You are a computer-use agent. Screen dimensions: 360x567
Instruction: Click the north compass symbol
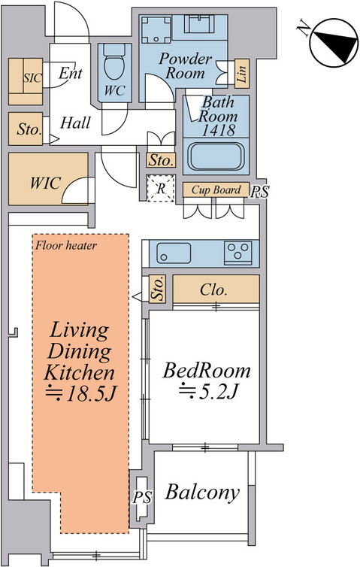334,43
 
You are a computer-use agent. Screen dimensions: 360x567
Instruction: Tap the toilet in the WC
114,62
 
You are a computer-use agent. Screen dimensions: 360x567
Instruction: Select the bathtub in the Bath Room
216,156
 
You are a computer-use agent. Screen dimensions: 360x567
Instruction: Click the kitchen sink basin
174,253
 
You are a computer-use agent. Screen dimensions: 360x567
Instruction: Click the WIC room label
45,183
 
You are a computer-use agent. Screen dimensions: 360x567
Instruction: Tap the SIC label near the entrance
32,77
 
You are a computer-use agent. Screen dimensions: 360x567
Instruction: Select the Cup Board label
216,190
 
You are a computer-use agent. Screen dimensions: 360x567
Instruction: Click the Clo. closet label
213,290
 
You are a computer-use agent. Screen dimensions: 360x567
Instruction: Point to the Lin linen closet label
242,74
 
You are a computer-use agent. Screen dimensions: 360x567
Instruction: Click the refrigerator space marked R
161,188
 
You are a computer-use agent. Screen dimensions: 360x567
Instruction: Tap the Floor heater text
66,246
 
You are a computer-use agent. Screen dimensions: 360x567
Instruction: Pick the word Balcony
202,493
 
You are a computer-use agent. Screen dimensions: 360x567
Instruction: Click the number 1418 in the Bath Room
219,129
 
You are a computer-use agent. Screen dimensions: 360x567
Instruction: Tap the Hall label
75,123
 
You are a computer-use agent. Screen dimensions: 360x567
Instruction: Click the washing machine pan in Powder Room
156,29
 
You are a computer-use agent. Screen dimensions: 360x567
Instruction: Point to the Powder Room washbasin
199,24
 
